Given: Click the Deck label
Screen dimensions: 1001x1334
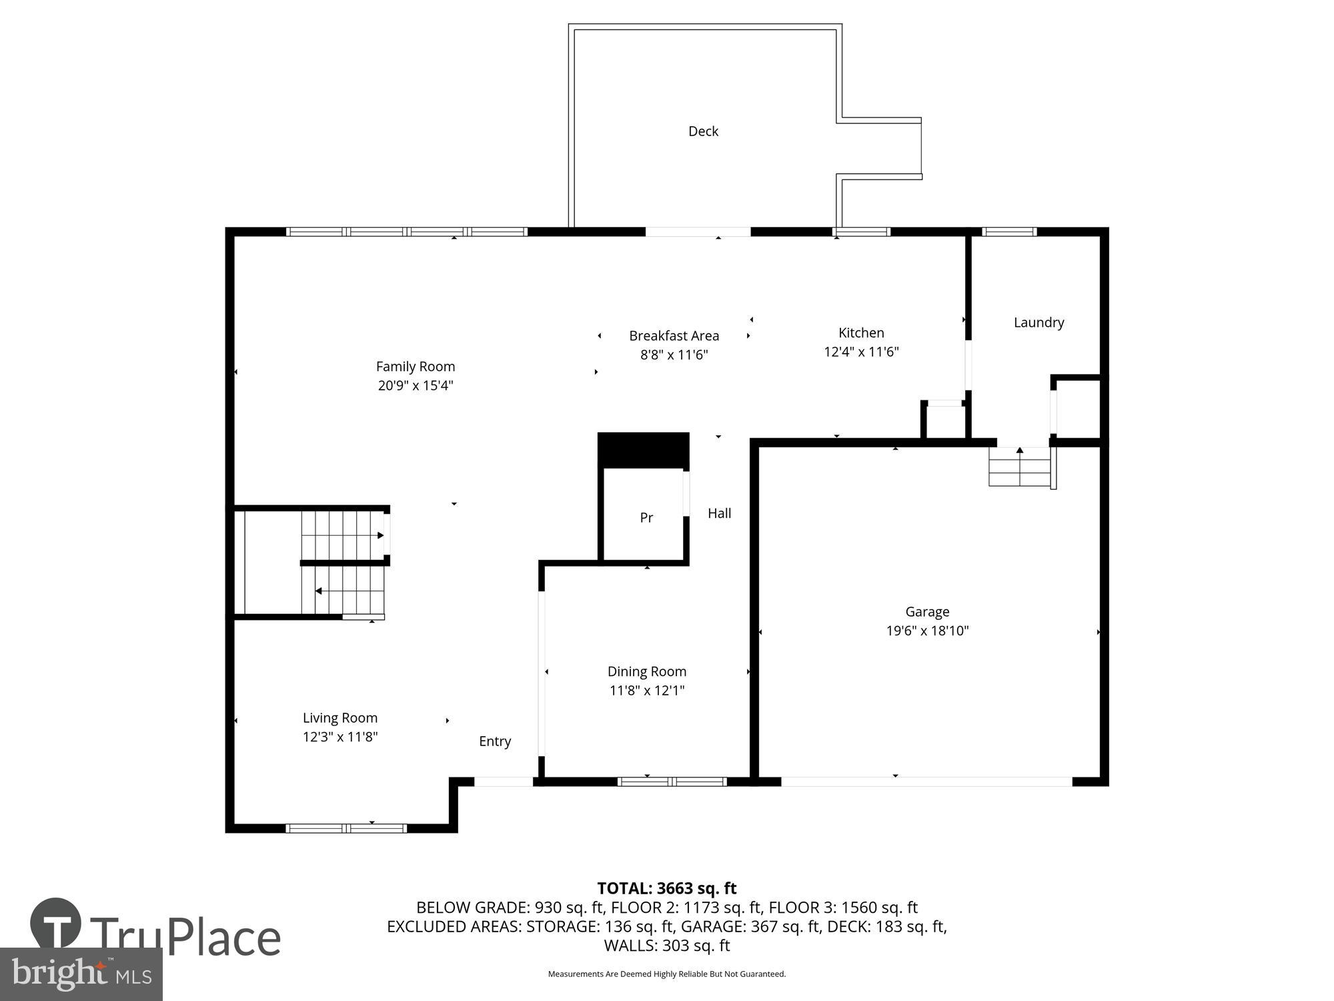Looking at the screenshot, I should [x=703, y=131].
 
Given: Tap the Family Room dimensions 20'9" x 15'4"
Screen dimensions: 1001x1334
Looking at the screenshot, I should [x=416, y=386].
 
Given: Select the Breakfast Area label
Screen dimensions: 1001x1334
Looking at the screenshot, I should [x=674, y=336].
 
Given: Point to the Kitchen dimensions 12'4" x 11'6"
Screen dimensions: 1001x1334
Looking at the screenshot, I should [x=861, y=352].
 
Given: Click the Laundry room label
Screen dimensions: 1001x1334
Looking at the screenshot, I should [x=1039, y=322].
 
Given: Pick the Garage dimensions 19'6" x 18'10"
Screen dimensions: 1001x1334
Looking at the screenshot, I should [x=927, y=631].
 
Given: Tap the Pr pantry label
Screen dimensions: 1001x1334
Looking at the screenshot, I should [x=646, y=518].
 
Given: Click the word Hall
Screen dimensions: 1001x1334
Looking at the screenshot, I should [x=719, y=513].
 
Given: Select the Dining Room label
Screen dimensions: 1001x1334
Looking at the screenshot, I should [x=646, y=671].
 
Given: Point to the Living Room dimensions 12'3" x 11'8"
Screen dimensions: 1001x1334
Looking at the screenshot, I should [x=340, y=737].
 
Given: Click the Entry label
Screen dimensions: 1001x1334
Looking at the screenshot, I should [x=495, y=741].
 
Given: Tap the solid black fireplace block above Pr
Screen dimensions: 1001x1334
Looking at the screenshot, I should [x=643, y=450].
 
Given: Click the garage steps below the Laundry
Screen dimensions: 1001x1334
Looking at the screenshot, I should [x=1019, y=466].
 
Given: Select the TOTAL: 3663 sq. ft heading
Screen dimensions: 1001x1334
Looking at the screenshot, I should [x=666, y=888].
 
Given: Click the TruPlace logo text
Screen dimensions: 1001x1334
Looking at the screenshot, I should [x=185, y=938].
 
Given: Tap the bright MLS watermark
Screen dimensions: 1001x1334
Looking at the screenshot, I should [x=81, y=974].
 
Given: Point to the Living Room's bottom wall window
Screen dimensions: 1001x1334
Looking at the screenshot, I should [x=346, y=828].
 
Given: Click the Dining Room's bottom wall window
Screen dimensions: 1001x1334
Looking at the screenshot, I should [x=672, y=781].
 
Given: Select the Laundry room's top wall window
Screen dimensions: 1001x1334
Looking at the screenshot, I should [x=1009, y=232].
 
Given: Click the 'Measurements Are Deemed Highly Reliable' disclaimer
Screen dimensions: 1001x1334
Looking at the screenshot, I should [x=666, y=974].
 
